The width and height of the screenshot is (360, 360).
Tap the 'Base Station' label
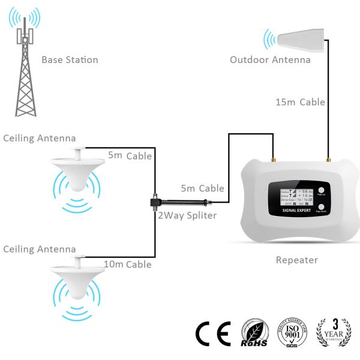click(70, 60)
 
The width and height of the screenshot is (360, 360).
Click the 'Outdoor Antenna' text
click(270, 60)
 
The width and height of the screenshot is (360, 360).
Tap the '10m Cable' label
click(127, 264)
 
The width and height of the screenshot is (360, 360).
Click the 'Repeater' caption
click(296, 260)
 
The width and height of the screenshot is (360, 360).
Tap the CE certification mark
click(213, 332)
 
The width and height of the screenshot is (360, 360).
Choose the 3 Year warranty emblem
click(332, 332)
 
